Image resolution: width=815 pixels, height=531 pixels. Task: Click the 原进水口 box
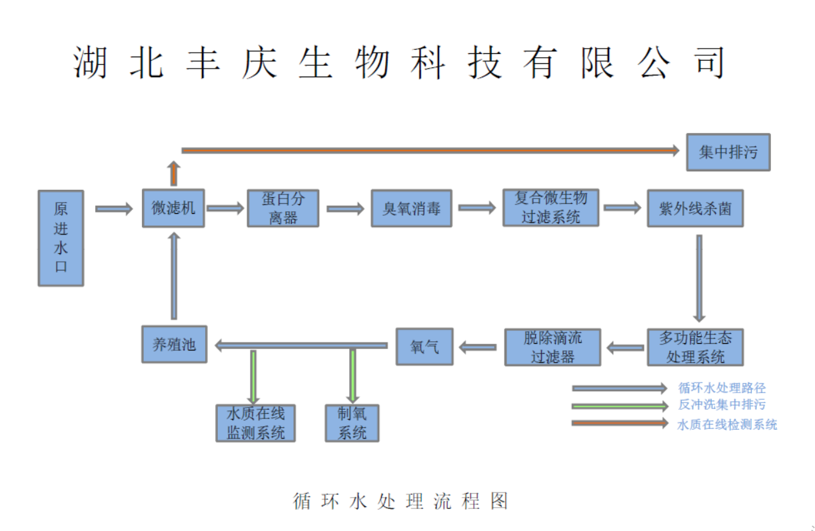pyautogui.click(x=61, y=239)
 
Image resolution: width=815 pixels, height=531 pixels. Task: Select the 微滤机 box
pyautogui.click(x=173, y=208)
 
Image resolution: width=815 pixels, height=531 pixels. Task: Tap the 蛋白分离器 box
pyautogui.click(x=283, y=208)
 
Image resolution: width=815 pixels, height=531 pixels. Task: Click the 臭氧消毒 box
pyautogui.click(x=411, y=208)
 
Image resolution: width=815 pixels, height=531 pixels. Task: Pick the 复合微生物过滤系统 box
pyautogui.click(x=551, y=208)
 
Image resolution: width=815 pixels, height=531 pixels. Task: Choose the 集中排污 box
pyautogui.click(x=728, y=152)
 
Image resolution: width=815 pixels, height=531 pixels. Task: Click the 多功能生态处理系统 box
pyautogui.click(x=695, y=347)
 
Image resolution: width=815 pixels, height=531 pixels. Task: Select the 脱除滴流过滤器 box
pyautogui.click(x=552, y=347)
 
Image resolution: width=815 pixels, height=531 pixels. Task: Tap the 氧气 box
pyautogui.click(x=424, y=346)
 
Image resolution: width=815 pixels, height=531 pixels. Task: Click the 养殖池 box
pyautogui.click(x=174, y=344)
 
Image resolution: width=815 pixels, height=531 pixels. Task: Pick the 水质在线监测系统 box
pyautogui.click(x=256, y=423)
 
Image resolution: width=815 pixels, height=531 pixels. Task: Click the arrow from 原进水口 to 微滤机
pyautogui.click(x=114, y=209)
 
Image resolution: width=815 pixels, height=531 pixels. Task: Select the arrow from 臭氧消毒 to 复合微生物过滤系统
pyautogui.click(x=477, y=208)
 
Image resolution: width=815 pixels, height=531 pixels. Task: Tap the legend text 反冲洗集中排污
pyautogui.click(x=722, y=404)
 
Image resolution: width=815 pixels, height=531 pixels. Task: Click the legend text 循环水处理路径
pyautogui.click(x=722, y=388)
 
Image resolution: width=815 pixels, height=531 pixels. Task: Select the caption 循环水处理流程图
pyautogui.click(x=401, y=501)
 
